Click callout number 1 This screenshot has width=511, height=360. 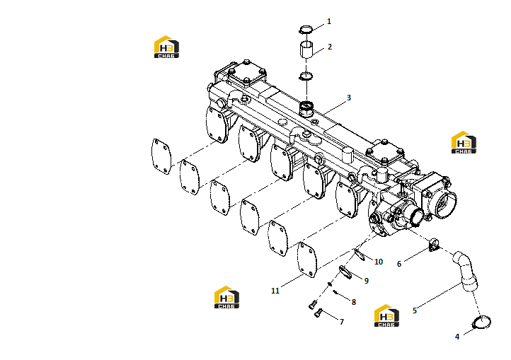(x=329, y=21)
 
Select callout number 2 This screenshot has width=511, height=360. (x=330, y=47)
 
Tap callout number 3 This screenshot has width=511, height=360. (x=349, y=98)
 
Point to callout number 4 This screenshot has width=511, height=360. (x=457, y=337)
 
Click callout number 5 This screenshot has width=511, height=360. (x=415, y=310)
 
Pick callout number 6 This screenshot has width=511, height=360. (x=399, y=265)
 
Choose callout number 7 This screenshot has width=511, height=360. (x=342, y=323)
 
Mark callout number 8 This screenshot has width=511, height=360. (x=354, y=302)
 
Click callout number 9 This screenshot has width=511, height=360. (x=367, y=281)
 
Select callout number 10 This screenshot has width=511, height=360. (x=379, y=262)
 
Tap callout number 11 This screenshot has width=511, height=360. (x=275, y=291)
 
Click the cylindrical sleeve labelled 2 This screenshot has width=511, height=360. (x=306, y=50)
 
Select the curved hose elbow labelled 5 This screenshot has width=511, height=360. (x=466, y=271)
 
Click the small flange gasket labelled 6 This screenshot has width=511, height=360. (x=434, y=245)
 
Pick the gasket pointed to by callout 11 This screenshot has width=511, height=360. (x=307, y=260)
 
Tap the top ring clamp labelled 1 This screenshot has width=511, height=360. (x=305, y=30)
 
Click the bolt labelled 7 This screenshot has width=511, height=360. (x=318, y=313)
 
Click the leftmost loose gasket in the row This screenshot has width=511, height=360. (x=161, y=156)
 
